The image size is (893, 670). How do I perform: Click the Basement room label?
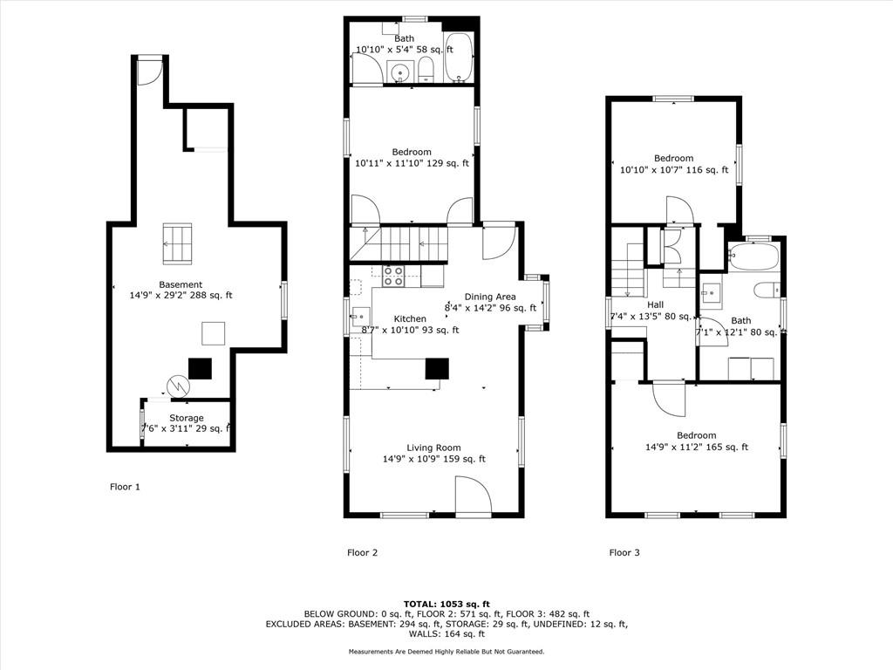[181, 284]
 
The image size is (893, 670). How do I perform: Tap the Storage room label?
[187, 418]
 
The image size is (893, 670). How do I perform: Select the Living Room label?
[434, 448]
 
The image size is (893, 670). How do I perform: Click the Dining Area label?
[490, 297]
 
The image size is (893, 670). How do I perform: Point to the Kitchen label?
[410, 319]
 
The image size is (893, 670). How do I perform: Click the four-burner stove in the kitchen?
[393, 276]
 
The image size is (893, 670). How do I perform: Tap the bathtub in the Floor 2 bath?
[458, 58]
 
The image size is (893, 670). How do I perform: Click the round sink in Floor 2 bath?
[401, 73]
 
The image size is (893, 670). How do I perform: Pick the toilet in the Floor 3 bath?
[767, 290]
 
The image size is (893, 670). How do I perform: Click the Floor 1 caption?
[125, 487]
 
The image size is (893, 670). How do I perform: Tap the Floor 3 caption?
[624, 552]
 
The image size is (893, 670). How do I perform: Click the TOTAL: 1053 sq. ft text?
[446, 604]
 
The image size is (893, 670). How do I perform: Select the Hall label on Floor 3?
[655, 304]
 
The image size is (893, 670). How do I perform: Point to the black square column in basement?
[200, 369]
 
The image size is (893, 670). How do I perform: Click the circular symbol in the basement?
[178, 387]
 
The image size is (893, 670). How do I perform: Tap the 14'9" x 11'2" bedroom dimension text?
[697, 448]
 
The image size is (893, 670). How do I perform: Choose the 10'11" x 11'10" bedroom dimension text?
[412, 163]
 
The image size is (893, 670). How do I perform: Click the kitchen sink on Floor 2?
[361, 317]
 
